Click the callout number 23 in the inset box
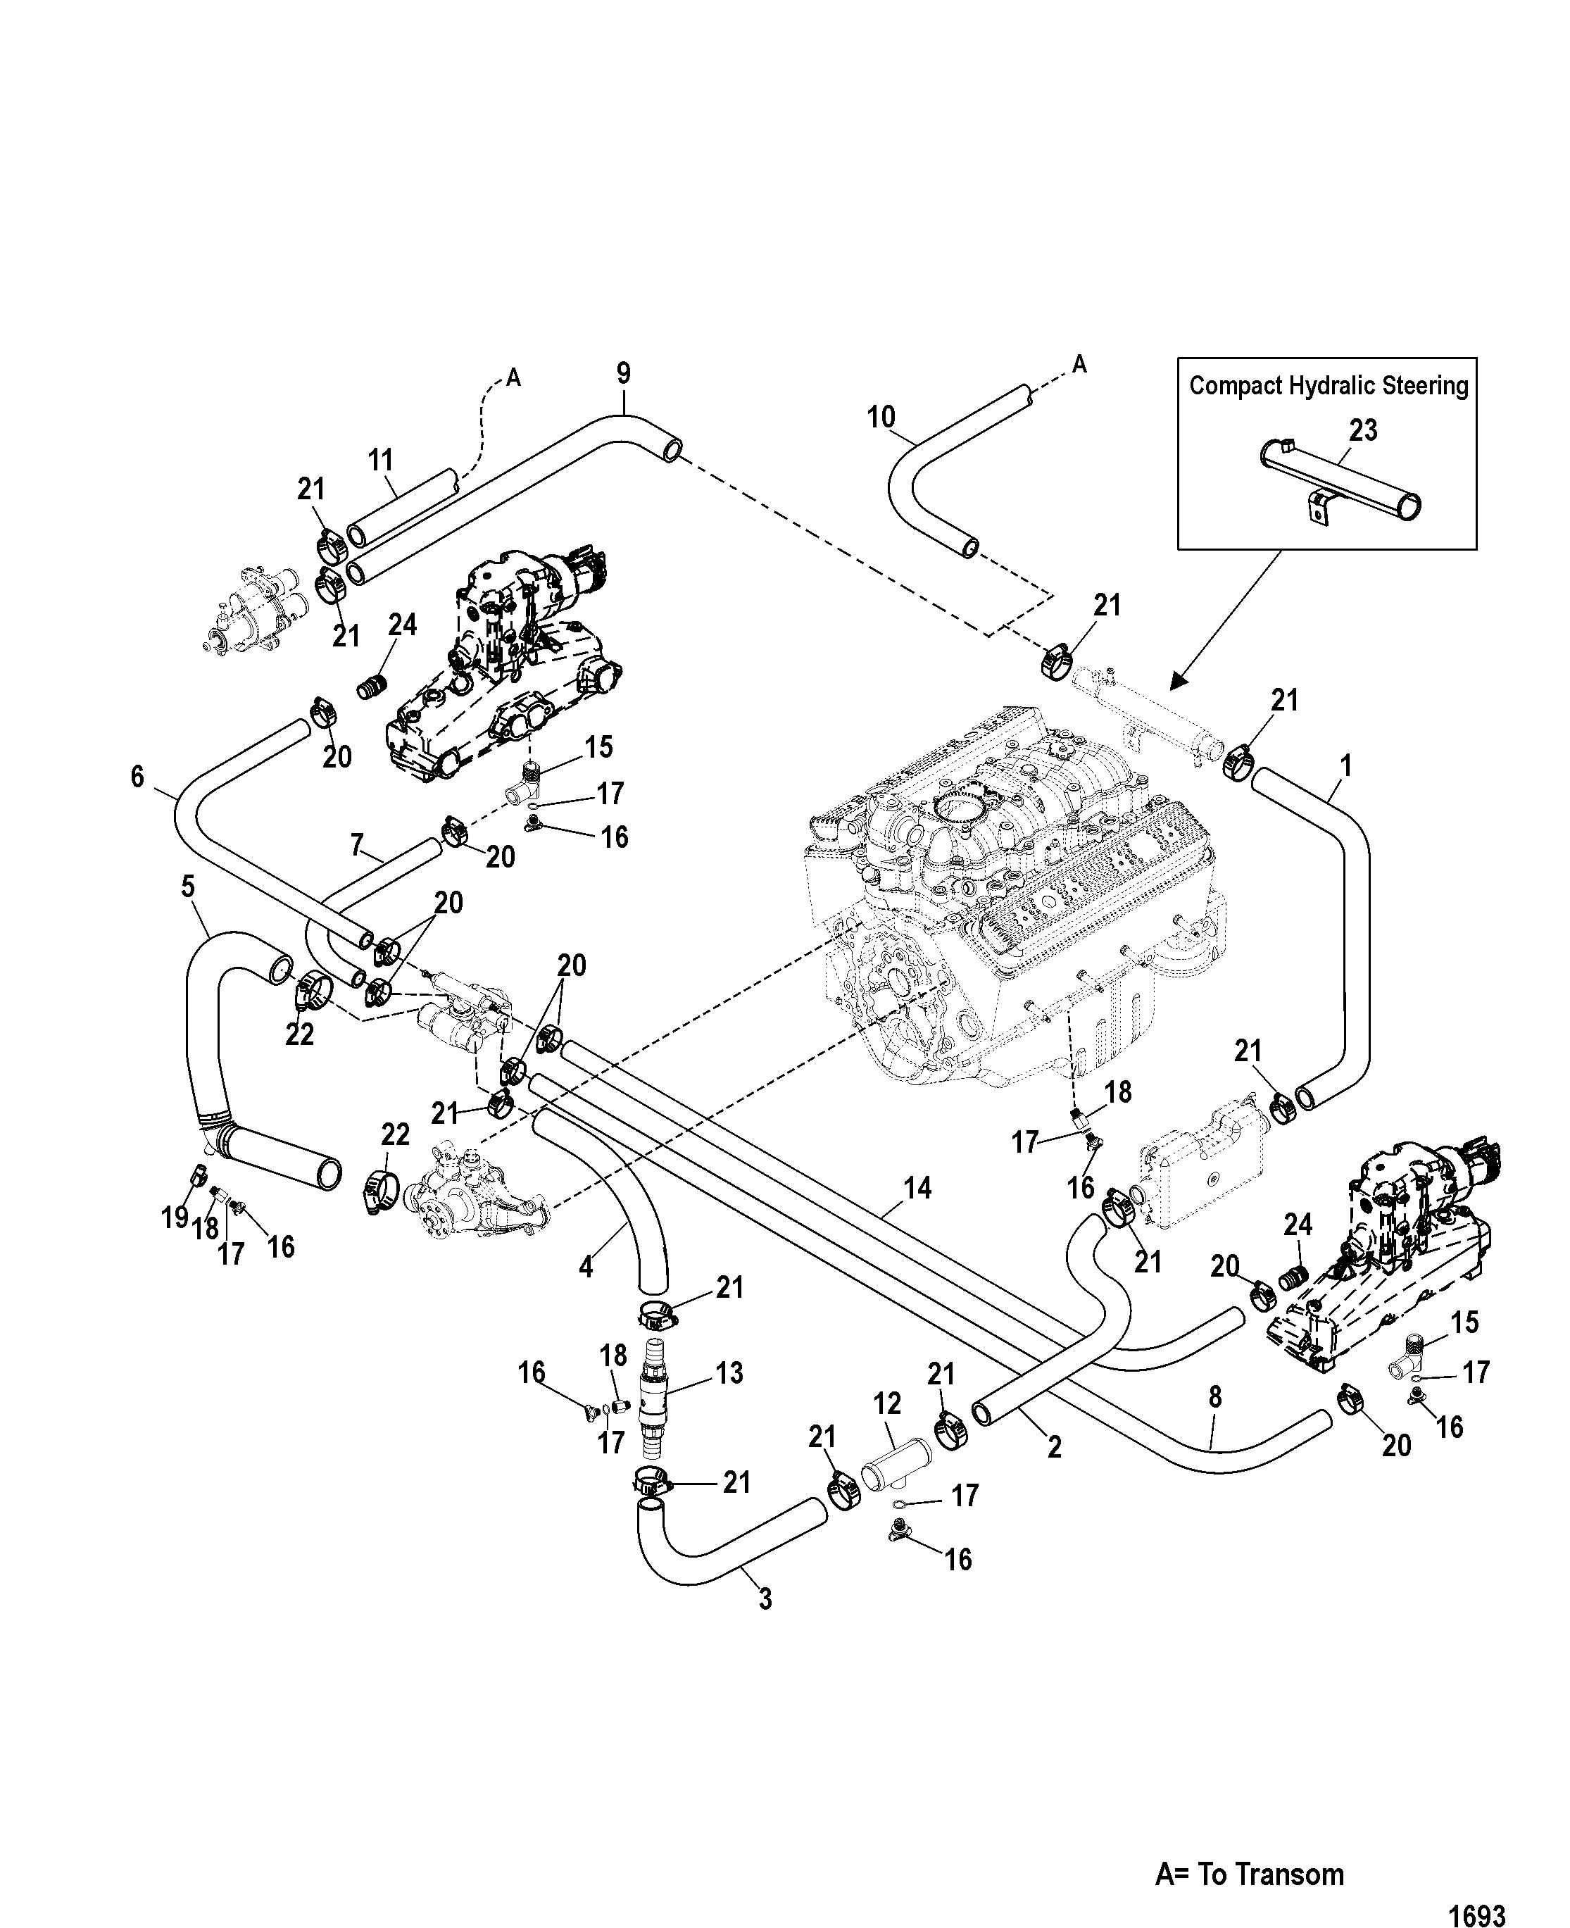tap(1363, 430)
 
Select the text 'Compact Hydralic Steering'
tap(1328, 386)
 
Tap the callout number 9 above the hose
tap(623, 373)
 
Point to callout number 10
tap(881, 417)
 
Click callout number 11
tap(382, 461)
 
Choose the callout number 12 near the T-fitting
tap(887, 1403)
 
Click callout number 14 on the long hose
tap(917, 1188)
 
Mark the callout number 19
tap(175, 1218)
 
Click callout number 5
tap(187, 887)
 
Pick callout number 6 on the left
tap(137, 776)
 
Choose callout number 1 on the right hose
tap(1345, 766)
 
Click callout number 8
tap(1214, 1397)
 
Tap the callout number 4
tap(586, 1267)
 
